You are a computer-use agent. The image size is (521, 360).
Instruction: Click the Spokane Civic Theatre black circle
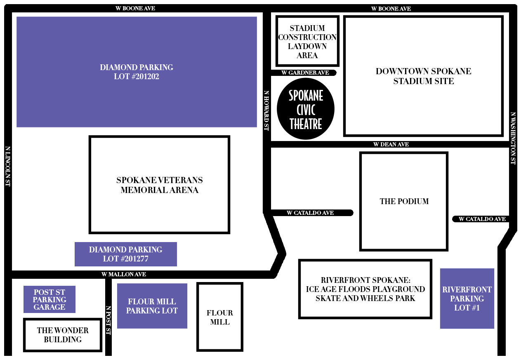coord(306,108)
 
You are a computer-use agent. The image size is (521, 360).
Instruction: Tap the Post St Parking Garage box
coord(50,299)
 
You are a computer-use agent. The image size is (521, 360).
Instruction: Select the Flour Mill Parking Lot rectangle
coord(152,306)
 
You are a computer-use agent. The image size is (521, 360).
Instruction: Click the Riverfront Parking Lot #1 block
coord(467,299)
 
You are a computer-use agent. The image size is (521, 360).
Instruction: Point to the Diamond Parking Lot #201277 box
coord(125,254)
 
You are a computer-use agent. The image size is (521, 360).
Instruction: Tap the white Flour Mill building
coord(220,317)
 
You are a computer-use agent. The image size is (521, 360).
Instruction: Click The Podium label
coord(404,201)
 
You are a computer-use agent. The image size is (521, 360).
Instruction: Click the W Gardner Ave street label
coord(305,73)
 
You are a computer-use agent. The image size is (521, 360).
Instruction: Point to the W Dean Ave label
coord(391,144)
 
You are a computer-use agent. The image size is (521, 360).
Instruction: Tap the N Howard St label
coord(266,111)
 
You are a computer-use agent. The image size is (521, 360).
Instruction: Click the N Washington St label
coord(513,138)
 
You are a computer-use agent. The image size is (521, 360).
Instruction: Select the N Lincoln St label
coord(8,166)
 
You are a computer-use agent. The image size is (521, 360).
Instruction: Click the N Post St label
coord(108,320)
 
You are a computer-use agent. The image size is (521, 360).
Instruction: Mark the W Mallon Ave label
coord(124,274)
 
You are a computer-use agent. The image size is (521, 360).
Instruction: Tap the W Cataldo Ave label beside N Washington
coord(482,219)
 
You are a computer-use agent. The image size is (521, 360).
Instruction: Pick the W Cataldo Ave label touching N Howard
coord(310,213)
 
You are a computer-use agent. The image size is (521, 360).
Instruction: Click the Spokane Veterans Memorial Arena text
coord(160,185)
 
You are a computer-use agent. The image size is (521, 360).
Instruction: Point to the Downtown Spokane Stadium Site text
coord(424,76)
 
